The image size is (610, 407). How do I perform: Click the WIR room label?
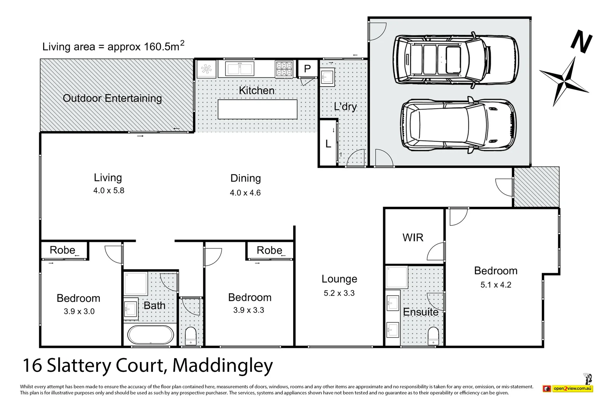(x=413, y=238)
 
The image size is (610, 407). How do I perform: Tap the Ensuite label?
(x=421, y=312)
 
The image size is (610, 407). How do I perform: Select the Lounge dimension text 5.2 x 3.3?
(x=339, y=293)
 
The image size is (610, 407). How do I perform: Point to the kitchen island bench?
(x=257, y=109)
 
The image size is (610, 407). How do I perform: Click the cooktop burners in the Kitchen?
(x=284, y=69)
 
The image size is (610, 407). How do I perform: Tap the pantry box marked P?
(x=307, y=69)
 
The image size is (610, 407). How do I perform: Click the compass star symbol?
(x=564, y=81)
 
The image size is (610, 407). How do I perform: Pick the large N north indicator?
(x=581, y=43)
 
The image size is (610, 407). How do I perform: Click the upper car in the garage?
(x=456, y=60)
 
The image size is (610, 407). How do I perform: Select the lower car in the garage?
(x=458, y=126)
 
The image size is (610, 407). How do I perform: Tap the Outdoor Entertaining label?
(x=112, y=98)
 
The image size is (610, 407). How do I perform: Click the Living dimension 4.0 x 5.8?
(x=109, y=190)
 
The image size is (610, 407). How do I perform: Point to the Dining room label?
(x=246, y=178)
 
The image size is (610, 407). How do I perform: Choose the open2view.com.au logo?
(x=568, y=388)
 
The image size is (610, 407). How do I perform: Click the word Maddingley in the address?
(x=223, y=365)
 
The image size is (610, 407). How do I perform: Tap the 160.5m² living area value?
(x=164, y=46)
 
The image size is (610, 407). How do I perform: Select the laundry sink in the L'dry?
(x=327, y=78)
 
